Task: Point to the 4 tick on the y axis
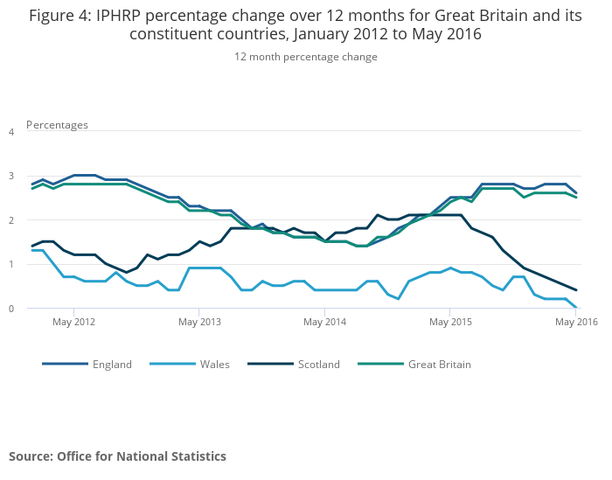pos(11,132)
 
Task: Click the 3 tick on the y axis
pos(11,176)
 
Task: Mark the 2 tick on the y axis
pos(11,220)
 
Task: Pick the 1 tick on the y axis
pos(11,264)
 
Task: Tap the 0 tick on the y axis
pos(11,309)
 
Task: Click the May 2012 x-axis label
pos(74,323)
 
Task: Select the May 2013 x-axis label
pos(199,323)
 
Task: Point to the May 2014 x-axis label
pos(324,323)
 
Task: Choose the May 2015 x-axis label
pos(449,323)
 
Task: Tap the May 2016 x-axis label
pos(576,323)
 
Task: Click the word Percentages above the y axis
pos(57,125)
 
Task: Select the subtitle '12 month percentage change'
pos(306,57)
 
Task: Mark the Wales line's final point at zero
pos(576,308)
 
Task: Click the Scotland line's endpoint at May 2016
pos(576,289)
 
